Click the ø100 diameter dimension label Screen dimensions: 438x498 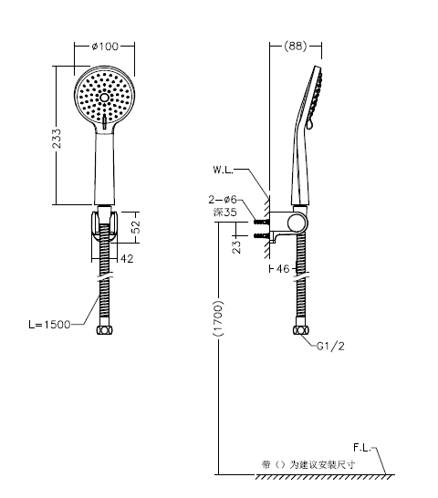point(105,47)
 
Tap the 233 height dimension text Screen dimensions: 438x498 point(57,139)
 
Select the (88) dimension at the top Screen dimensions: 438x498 point(296,46)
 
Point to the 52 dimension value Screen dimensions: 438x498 point(135,227)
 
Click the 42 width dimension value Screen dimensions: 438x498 point(127,259)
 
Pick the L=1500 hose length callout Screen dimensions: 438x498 point(49,325)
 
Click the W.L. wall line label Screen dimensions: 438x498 point(223,170)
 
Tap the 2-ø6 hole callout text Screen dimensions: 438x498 point(223,200)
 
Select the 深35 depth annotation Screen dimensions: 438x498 point(225,212)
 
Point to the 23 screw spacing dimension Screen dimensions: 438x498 point(236,247)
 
